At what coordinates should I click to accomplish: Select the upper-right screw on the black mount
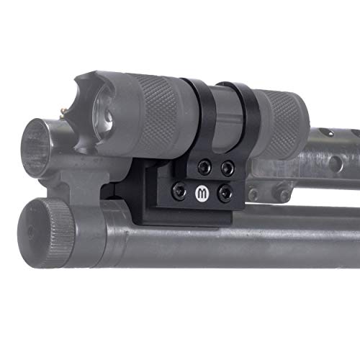228,168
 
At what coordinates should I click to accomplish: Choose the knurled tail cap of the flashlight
284,115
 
